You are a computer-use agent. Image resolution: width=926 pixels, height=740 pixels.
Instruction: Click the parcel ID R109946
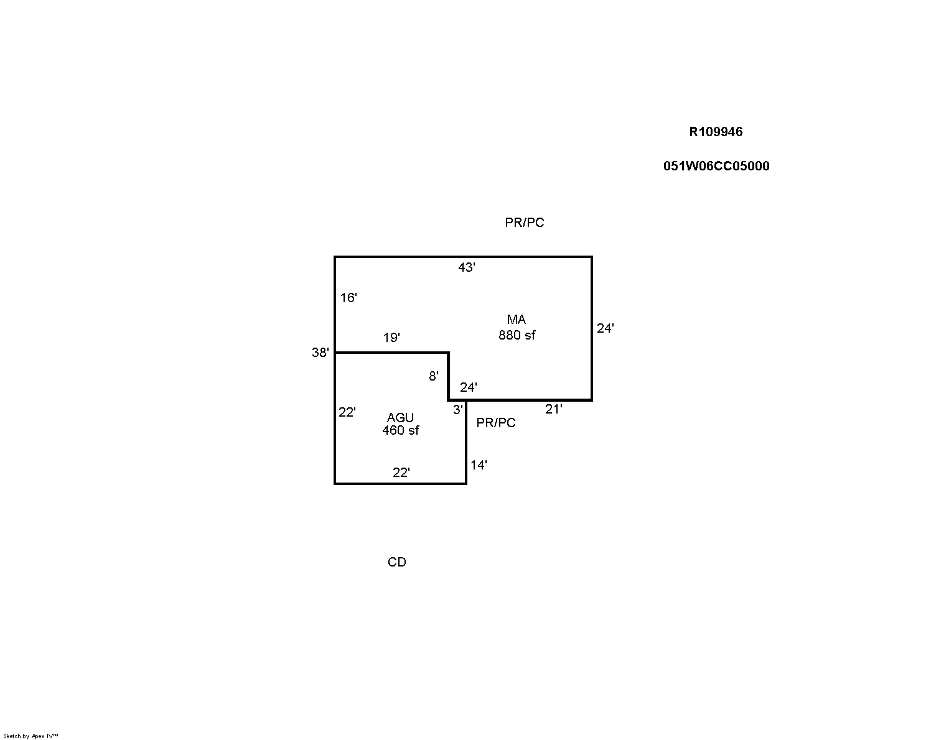pyautogui.click(x=716, y=132)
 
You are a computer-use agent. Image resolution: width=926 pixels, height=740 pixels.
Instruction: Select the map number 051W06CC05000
pyautogui.click(x=716, y=166)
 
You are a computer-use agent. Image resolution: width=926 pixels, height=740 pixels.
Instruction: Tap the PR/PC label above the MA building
pyautogui.click(x=525, y=222)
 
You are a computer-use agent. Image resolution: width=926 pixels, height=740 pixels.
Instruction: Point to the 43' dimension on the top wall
pyautogui.click(x=467, y=267)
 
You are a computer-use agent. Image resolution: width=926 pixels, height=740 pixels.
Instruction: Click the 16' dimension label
pyautogui.click(x=348, y=297)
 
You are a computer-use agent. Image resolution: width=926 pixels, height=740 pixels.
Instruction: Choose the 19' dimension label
pyautogui.click(x=391, y=338)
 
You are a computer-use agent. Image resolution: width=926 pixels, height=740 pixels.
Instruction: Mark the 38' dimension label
pyautogui.click(x=320, y=353)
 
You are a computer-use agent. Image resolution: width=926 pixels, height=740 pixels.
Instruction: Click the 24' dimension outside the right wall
pyautogui.click(x=605, y=328)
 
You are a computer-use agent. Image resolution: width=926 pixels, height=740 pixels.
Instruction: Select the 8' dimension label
pyautogui.click(x=434, y=376)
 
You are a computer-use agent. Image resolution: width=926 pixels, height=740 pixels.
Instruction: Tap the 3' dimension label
pyautogui.click(x=458, y=410)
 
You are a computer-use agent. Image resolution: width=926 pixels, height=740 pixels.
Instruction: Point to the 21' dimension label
pyautogui.click(x=553, y=409)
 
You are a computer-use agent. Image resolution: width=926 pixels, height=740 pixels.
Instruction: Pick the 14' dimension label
pyautogui.click(x=479, y=465)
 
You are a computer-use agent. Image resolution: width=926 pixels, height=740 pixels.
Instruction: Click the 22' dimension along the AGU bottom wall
pyautogui.click(x=401, y=473)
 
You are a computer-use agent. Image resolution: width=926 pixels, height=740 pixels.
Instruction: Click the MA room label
pyautogui.click(x=517, y=320)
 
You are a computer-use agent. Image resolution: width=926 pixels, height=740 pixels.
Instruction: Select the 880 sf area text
pyautogui.click(x=517, y=335)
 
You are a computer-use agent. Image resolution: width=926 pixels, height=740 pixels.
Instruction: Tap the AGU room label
pyautogui.click(x=400, y=417)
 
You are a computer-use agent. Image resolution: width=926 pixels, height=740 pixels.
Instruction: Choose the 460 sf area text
pyautogui.click(x=401, y=430)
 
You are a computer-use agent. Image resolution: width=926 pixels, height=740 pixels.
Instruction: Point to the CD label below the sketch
pyautogui.click(x=397, y=562)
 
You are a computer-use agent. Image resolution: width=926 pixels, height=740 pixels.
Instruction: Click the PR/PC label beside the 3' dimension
pyautogui.click(x=496, y=423)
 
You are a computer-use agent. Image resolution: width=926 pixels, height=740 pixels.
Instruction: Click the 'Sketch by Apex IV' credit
pyautogui.click(x=30, y=736)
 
